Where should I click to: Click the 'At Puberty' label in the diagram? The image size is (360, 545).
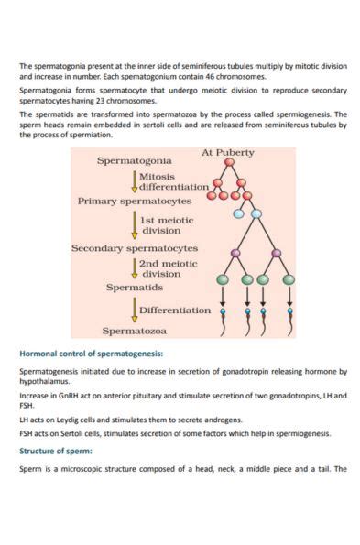[x=227, y=152]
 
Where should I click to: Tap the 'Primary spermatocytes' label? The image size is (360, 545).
[x=134, y=200]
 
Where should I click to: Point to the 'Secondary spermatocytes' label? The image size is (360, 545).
[x=135, y=248]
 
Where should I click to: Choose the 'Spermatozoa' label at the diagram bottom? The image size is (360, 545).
[x=134, y=331]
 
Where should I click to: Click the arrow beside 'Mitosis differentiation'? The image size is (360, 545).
[x=135, y=180]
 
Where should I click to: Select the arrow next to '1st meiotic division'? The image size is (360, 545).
[x=135, y=224]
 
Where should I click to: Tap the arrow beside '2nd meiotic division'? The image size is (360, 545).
[x=135, y=267]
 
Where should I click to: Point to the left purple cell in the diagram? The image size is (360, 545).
[x=235, y=252]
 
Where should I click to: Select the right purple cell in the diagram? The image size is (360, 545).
[x=276, y=252]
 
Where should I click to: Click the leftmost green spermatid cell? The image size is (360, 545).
[x=222, y=279]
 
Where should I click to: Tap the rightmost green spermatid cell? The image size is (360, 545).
[x=289, y=279]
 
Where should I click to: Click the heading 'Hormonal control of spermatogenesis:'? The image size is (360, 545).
[x=92, y=353]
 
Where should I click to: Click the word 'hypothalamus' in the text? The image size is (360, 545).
[x=44, y=379]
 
